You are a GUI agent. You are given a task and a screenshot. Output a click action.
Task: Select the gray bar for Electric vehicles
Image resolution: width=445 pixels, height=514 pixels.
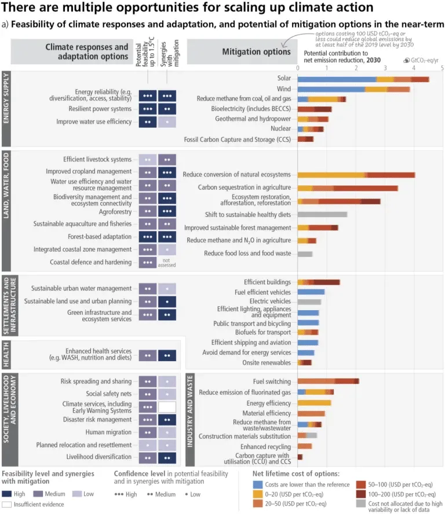pyautogui.click(x=309, y=302)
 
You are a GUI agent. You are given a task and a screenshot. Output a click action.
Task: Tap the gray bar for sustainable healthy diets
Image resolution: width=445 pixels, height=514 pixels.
pyautogui.click(x=322, y=214)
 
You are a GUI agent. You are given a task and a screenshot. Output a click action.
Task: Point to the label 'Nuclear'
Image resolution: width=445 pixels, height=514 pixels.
pyautogui.click(x=280, y=128)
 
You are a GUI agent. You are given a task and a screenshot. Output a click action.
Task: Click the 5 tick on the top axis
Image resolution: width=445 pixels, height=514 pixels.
pyautogui.click(x=442, y=68)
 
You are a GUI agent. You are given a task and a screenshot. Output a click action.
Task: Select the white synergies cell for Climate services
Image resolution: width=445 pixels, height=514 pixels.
pyautogui.click(x=167, y=407)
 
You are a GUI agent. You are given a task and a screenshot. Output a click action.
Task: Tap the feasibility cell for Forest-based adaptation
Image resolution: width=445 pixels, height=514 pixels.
pyautogui.click(x=148, y=237)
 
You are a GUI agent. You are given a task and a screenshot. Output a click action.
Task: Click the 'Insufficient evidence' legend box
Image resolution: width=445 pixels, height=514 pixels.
pyautogui.click(x=8, y=504)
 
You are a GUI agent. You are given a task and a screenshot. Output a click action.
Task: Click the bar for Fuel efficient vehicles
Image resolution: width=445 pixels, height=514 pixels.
pyautogui.click(x=311, y=292)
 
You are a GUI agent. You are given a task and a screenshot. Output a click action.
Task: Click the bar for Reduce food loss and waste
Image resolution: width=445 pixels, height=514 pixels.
pyautogui.click(x=304, y=254)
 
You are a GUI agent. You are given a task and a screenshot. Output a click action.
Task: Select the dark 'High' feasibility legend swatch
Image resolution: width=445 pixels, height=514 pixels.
pyautogui.click(x=8, y=494)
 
